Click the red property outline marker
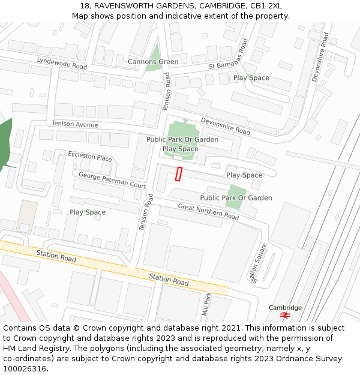[178, 173]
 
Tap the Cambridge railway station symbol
[285, 315]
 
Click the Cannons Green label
[152, 62]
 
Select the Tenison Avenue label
[74, 124]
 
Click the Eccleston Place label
[90, 157]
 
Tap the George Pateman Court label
[112, 180]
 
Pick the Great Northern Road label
[208, 211]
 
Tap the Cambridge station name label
[285, 307]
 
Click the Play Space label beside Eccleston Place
[88, 212]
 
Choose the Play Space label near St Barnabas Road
[251, 77]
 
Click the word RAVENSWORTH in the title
[120, 6]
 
